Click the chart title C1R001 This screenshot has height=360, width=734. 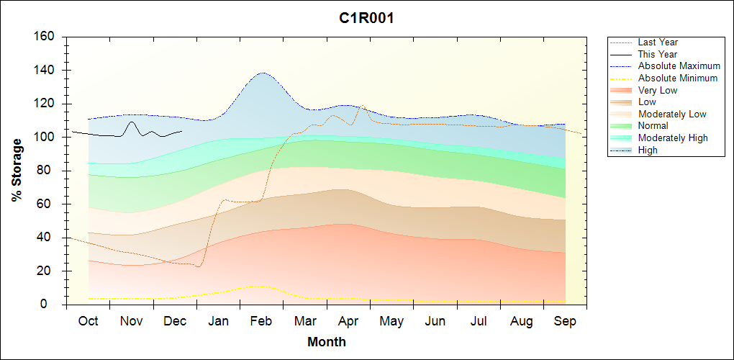point(366,18)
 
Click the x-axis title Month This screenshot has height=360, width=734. point(326,342)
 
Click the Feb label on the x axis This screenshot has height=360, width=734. point(260,321)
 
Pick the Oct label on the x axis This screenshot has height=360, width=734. point(88,321)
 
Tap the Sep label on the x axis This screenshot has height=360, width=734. point(565,321)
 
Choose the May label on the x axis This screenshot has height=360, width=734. point(391,321)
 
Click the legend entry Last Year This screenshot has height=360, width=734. point(658,42)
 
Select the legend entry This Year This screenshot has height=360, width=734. point(657,54)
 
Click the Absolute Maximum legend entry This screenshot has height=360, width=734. point(679,66)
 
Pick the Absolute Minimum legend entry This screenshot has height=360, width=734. point(678,78)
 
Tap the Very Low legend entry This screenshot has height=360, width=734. point(657,90)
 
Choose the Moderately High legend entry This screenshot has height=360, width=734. point(673,138)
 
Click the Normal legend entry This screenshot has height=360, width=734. point(653,126)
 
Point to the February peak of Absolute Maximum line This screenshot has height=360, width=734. point(263,73)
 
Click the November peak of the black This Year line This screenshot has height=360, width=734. point(131,122)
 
